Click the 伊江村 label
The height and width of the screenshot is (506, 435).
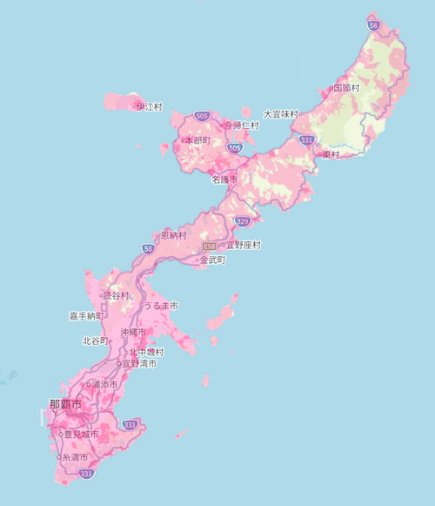[151, 106]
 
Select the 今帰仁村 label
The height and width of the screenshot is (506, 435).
[242, 125]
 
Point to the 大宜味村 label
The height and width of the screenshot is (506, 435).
[280, 114]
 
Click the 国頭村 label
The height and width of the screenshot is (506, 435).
[347, 88]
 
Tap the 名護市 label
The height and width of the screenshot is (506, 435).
[224, 179]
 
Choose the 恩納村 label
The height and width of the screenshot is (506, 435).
[174, 235]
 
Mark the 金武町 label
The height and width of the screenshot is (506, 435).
[212, 260]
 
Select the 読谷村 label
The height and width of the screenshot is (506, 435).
[116, 295]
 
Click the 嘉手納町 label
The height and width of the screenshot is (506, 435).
[88, 315]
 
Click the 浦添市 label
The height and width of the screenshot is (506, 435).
[104, 383]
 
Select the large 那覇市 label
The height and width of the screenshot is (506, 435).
[64, 405]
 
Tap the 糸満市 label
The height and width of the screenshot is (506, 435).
[75, 456]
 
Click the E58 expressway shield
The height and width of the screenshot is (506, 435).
[209, 246]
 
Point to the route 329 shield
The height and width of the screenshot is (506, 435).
[243, 221]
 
